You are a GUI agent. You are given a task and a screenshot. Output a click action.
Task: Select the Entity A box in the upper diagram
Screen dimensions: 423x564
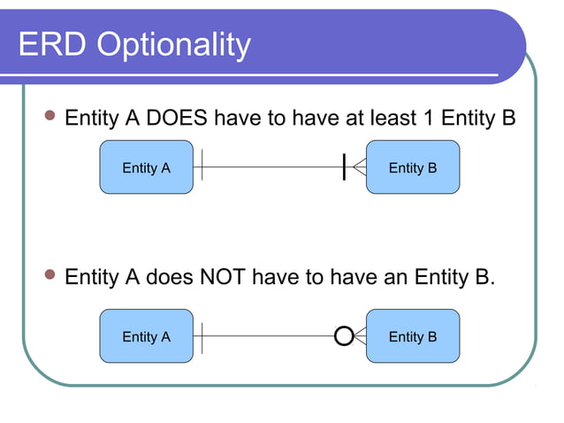146,168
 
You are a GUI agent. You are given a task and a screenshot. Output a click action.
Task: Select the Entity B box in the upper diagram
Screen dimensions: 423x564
413,168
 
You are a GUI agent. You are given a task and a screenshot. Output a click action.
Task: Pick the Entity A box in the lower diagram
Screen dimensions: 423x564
146,336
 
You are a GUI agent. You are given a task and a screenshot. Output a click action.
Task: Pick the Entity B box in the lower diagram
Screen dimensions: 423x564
413,336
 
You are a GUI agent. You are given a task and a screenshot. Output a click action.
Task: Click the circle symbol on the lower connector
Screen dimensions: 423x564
343,336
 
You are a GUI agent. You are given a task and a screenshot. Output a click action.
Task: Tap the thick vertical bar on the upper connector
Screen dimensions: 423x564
344,166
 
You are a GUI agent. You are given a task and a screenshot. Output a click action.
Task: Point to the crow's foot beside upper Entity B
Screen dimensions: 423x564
359,167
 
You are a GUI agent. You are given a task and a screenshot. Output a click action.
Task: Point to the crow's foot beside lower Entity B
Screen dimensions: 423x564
360,336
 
